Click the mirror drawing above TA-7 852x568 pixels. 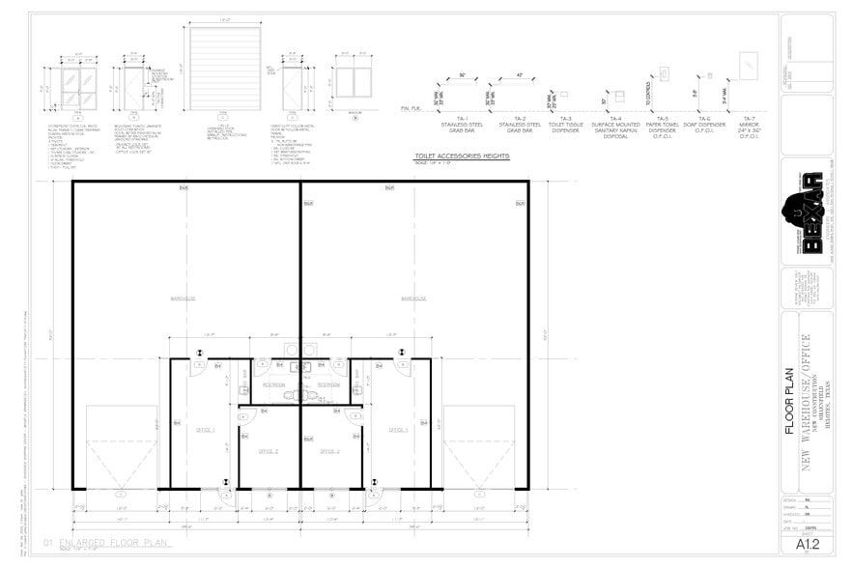749,66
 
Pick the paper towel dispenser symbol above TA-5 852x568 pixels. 664,73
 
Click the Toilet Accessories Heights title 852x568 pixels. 462,156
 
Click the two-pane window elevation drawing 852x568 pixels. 354,82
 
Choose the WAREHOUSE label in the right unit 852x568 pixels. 413,298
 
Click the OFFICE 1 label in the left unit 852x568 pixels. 206,429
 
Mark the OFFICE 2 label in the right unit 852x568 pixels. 329,450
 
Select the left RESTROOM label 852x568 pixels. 273,384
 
